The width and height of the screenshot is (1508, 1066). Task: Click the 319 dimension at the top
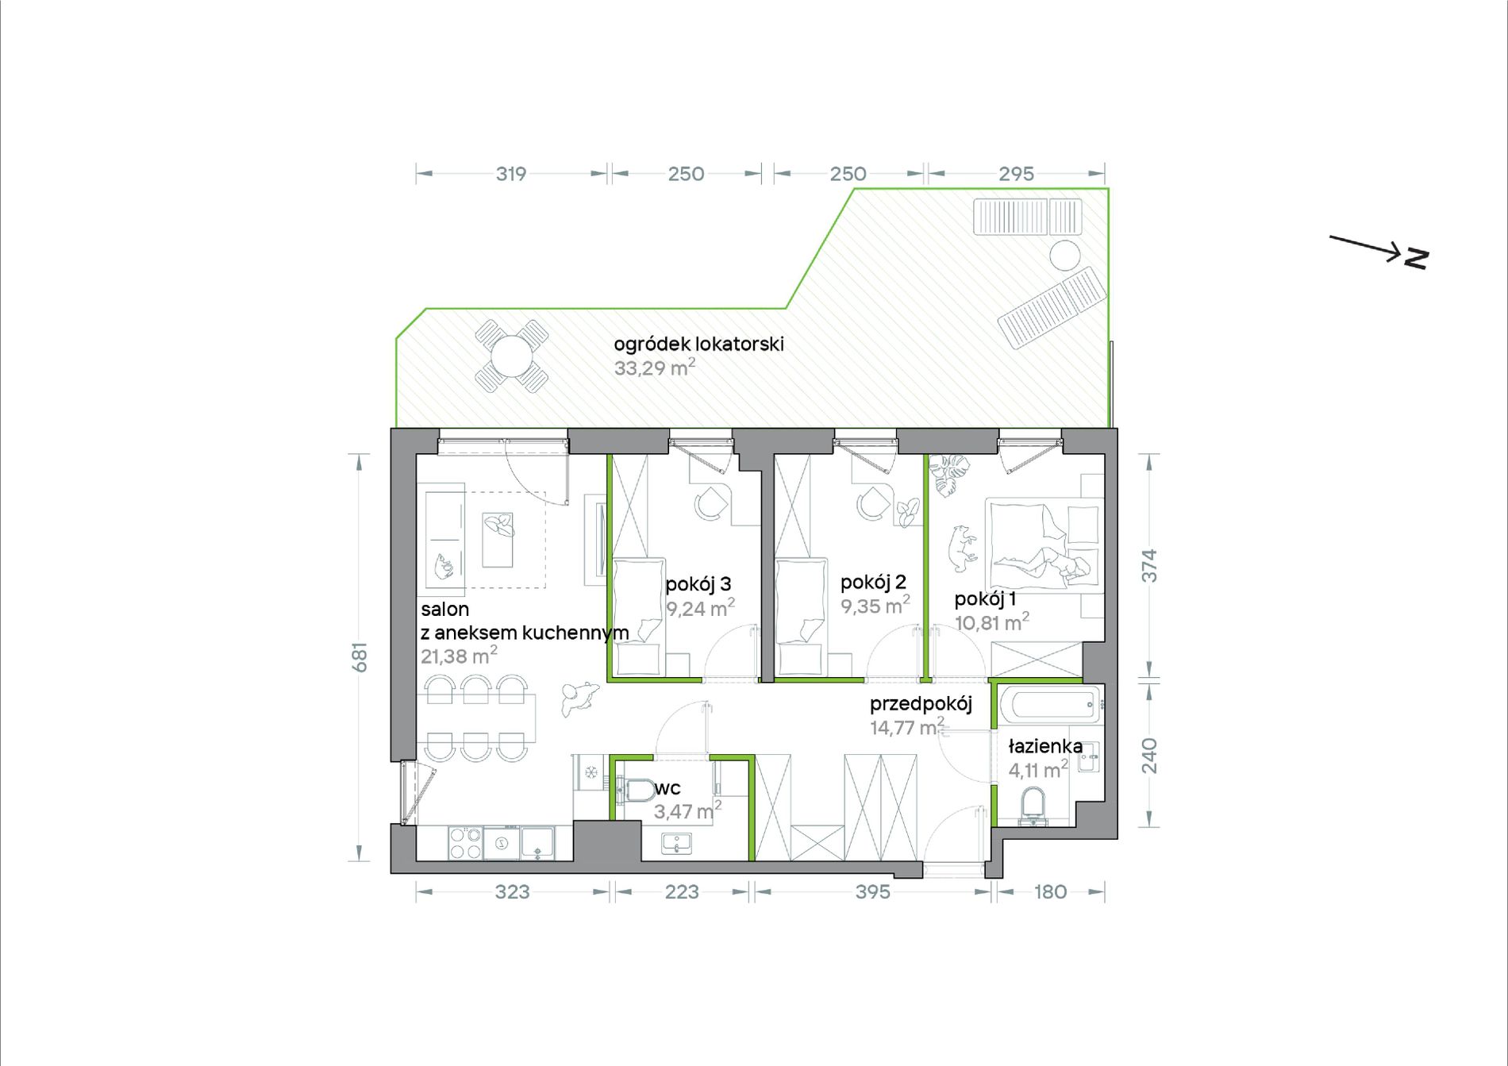click(511, 174)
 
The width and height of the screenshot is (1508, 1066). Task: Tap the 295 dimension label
click(1016, 174)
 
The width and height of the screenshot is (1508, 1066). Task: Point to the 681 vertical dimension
click(360, 657)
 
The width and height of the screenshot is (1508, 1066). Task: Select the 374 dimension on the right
click(1149, 566)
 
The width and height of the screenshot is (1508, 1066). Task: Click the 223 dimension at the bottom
click(682, 892)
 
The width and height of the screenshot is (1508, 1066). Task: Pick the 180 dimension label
click(1050, 892)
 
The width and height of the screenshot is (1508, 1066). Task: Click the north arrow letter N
click(1416, 259)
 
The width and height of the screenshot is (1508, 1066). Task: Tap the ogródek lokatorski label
click(698, 344)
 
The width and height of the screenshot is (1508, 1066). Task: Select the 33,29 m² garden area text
click(655, 368)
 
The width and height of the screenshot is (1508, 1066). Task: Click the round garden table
click(511, 356)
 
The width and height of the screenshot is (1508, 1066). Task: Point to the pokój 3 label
click(698, 585)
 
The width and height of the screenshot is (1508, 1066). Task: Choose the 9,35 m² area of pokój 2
click(875, 606)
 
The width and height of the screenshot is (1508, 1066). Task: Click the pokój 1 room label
click(985, 599)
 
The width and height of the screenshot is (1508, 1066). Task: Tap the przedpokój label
click(921, 704)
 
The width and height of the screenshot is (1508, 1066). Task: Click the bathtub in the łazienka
click(1050, 704)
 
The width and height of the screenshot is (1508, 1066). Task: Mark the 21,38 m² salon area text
click(459, 656)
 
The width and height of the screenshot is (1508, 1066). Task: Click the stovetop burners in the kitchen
click(465, 843)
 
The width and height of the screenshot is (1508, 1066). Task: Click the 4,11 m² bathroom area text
click(1038, 769)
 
